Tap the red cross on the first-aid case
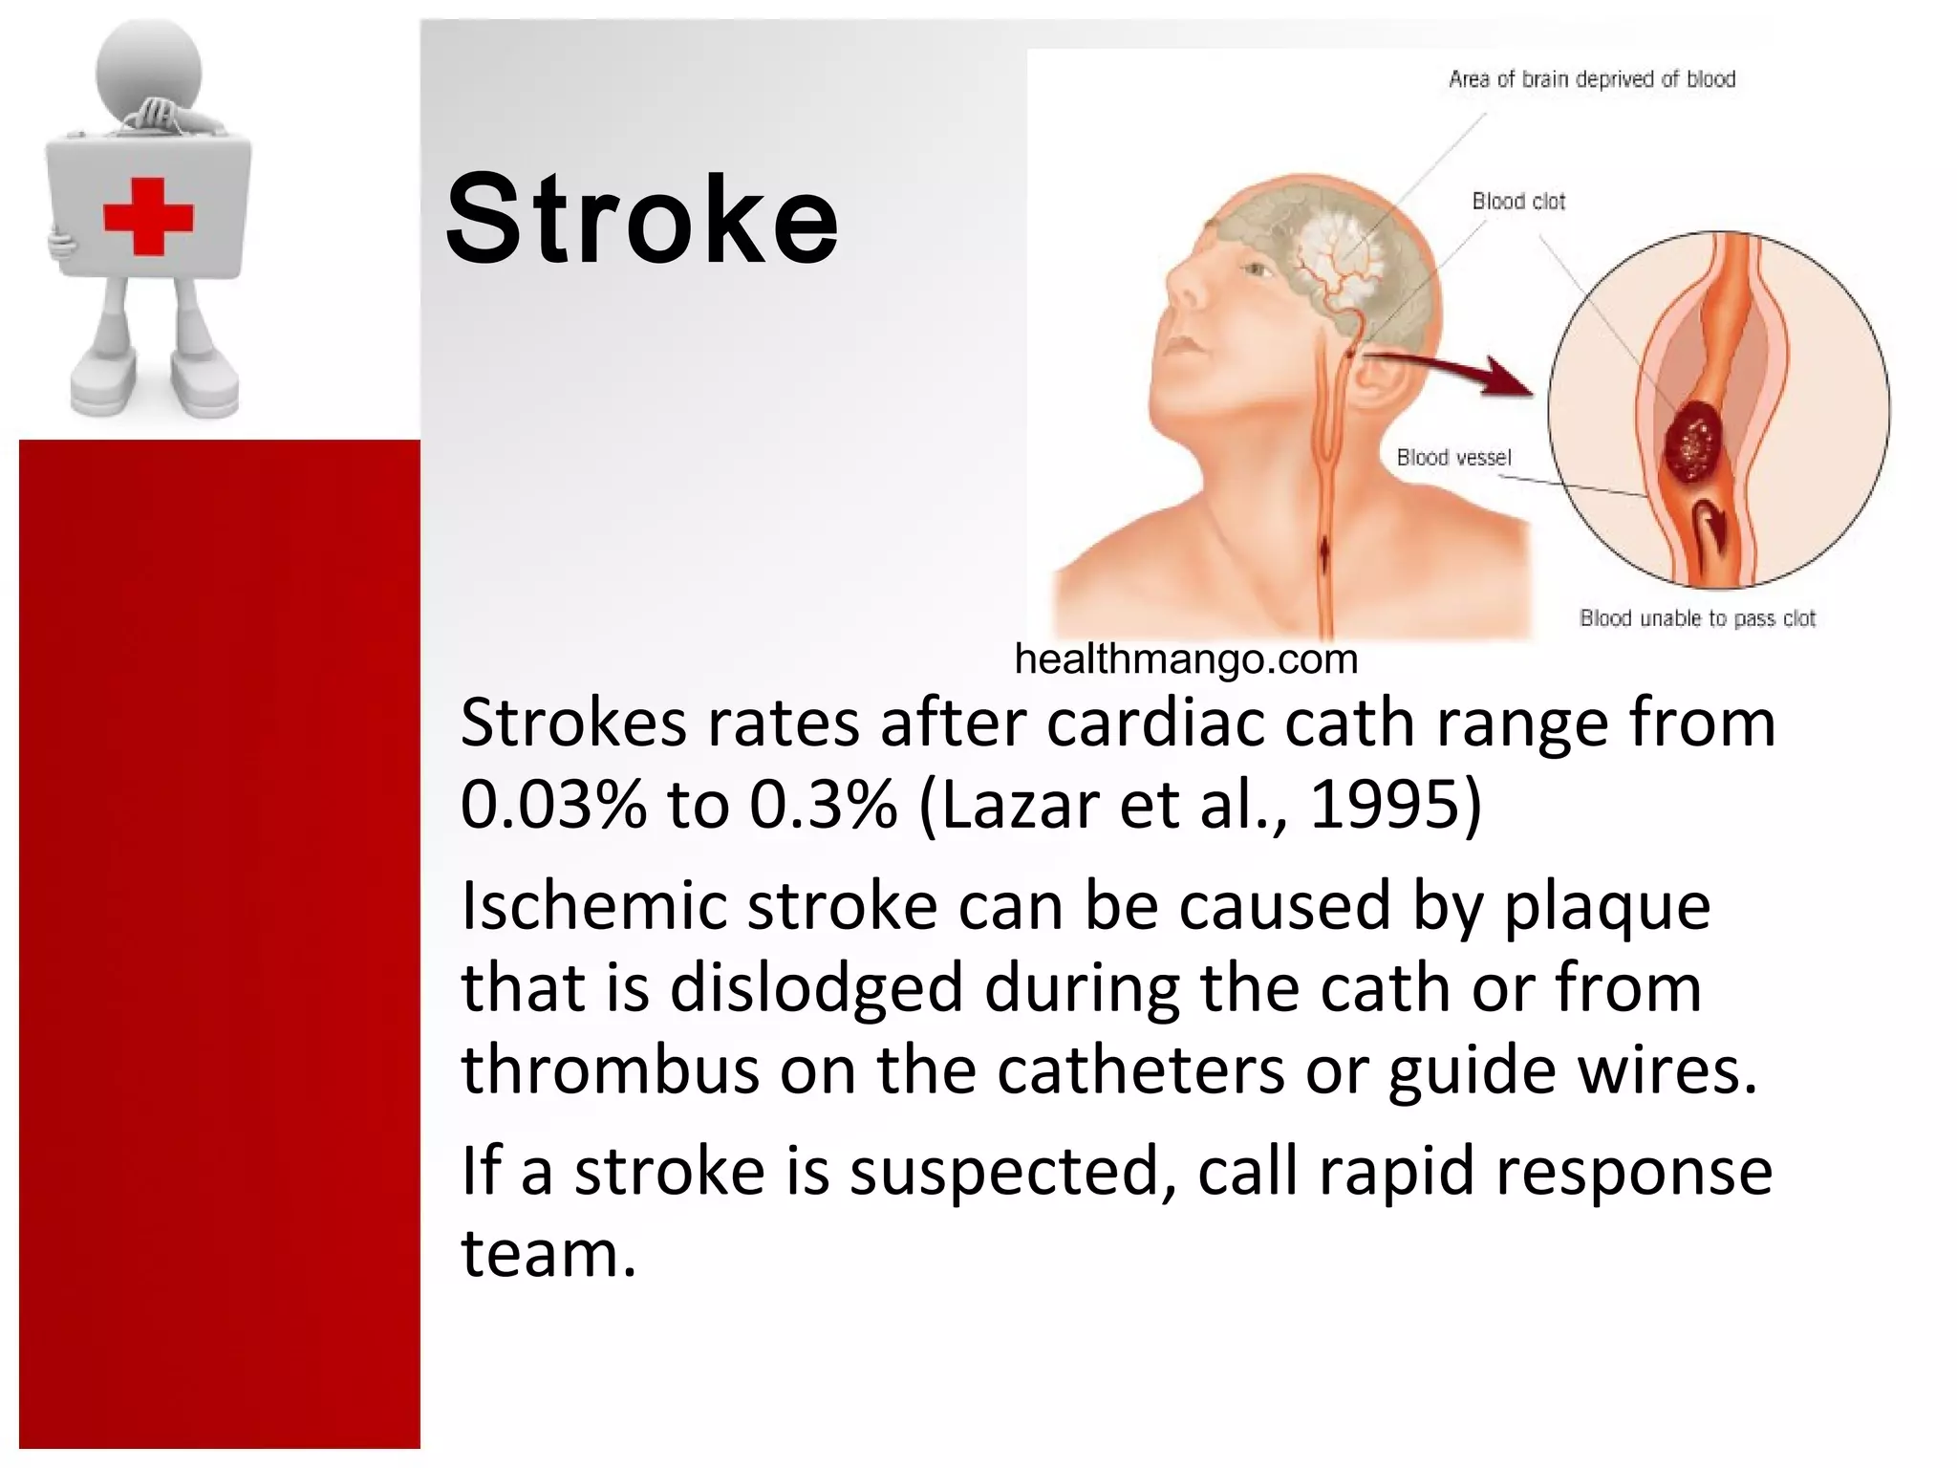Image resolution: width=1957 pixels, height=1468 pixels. tap(148, 215)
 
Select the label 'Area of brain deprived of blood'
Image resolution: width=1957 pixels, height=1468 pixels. tap(1591, 79)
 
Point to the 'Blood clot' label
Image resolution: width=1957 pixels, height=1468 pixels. tap(1518, 202)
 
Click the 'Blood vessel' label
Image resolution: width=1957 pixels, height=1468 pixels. tap(1453, 458)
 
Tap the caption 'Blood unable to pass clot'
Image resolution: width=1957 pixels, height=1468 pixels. tap(1697, 618)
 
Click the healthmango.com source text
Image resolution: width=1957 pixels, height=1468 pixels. tap(1186, 659)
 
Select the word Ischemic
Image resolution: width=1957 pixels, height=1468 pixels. tap(593, 906)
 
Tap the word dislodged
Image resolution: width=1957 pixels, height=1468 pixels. tap(816, 988)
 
